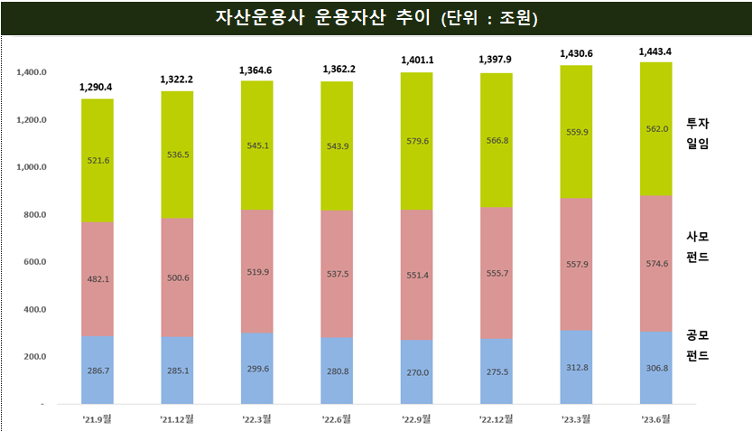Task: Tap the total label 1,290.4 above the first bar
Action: tap(97, 89)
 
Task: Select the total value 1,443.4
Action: tap(655, 52)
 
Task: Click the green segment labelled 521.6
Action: tap(97, 159)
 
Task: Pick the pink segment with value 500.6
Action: tap(177, 278)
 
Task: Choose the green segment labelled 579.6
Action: tap(416, 141)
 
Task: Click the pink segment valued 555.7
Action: tap(496, 272)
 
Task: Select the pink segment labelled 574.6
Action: tap(655, 263)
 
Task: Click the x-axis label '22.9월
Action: tap(416, 418)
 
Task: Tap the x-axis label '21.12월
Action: tap(177, 418)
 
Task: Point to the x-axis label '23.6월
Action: tap(655, 418)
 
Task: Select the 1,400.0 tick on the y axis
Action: tap(32, 72)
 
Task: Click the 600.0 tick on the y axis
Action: tap(35, 262)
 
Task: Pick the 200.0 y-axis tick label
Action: tap(35, 357)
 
